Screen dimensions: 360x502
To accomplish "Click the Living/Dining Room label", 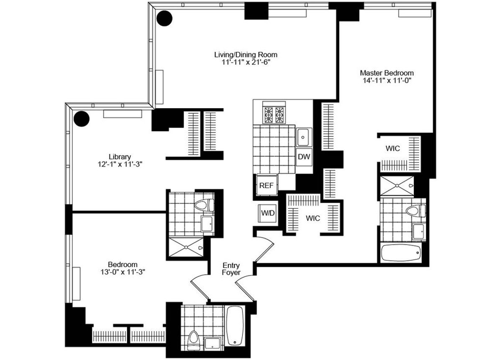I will pos(246,55).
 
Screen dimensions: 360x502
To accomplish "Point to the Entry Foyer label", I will pos(231,269).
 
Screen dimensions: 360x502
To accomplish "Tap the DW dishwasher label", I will pos(304,157).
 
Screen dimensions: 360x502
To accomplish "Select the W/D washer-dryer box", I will pos(268,213).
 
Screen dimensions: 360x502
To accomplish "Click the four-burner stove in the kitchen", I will pos(273,114).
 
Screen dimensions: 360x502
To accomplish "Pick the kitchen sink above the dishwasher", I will pos(303,136).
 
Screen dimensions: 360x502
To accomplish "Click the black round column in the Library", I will pos(82,119).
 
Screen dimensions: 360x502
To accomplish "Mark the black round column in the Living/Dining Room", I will pos(164,18).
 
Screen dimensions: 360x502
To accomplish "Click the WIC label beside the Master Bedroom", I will pos(393,148).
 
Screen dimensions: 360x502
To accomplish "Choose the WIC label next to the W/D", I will pos(313,218).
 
